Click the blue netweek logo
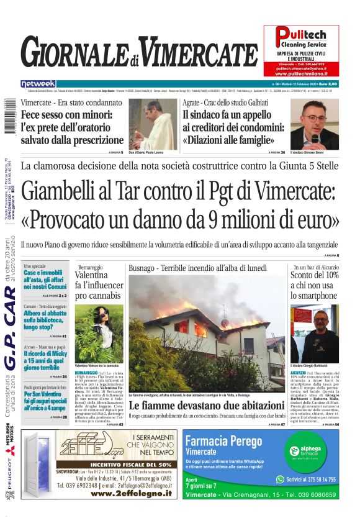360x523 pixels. [x=38, y=84]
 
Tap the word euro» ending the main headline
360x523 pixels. [x=315, y=218]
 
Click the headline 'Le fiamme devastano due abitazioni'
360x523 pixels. [x=207, y=406]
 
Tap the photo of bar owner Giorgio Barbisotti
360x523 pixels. [x=314, y=333]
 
